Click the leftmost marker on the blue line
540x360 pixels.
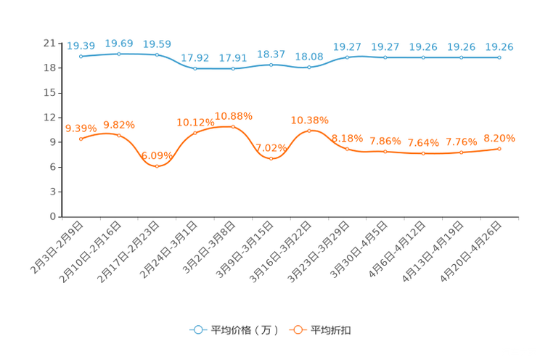(x=81, y=56)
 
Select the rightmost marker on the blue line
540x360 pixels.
(x=499, y=57)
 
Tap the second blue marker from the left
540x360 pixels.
(x=119, y=54)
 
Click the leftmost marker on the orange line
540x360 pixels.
(x=81, y=139)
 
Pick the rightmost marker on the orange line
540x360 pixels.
(x=499, y=149)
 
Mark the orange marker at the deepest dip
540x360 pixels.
(x=157, y=165)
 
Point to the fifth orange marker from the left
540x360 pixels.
(x=233, y=126)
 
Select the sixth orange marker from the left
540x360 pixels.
(x=271, y=157)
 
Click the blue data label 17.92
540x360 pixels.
(x=195, y=57)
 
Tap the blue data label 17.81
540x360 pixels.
(x=233, y=57)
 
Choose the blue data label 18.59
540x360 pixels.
(x=157, y=44)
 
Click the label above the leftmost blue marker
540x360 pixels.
(x=81, y=46)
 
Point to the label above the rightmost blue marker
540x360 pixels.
(x=499, y=47)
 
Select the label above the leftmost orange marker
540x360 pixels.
(x=81, y=128)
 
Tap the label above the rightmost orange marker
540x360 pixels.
(x=499, y=137)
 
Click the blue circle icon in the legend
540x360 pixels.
(x=197, y=330)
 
